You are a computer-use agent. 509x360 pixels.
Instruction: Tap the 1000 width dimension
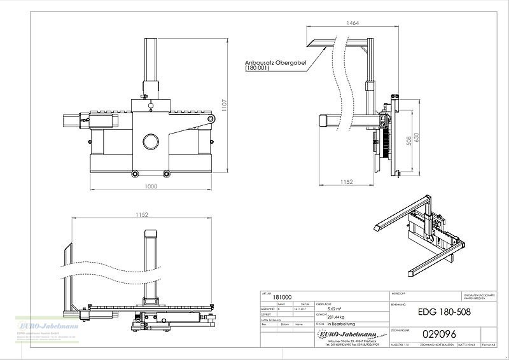click(150, 186)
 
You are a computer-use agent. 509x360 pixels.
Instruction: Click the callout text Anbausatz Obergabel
click(275, 62)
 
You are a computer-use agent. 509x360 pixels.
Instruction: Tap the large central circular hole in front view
click(151, 141)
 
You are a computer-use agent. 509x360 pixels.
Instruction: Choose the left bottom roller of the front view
click(134, 174)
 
